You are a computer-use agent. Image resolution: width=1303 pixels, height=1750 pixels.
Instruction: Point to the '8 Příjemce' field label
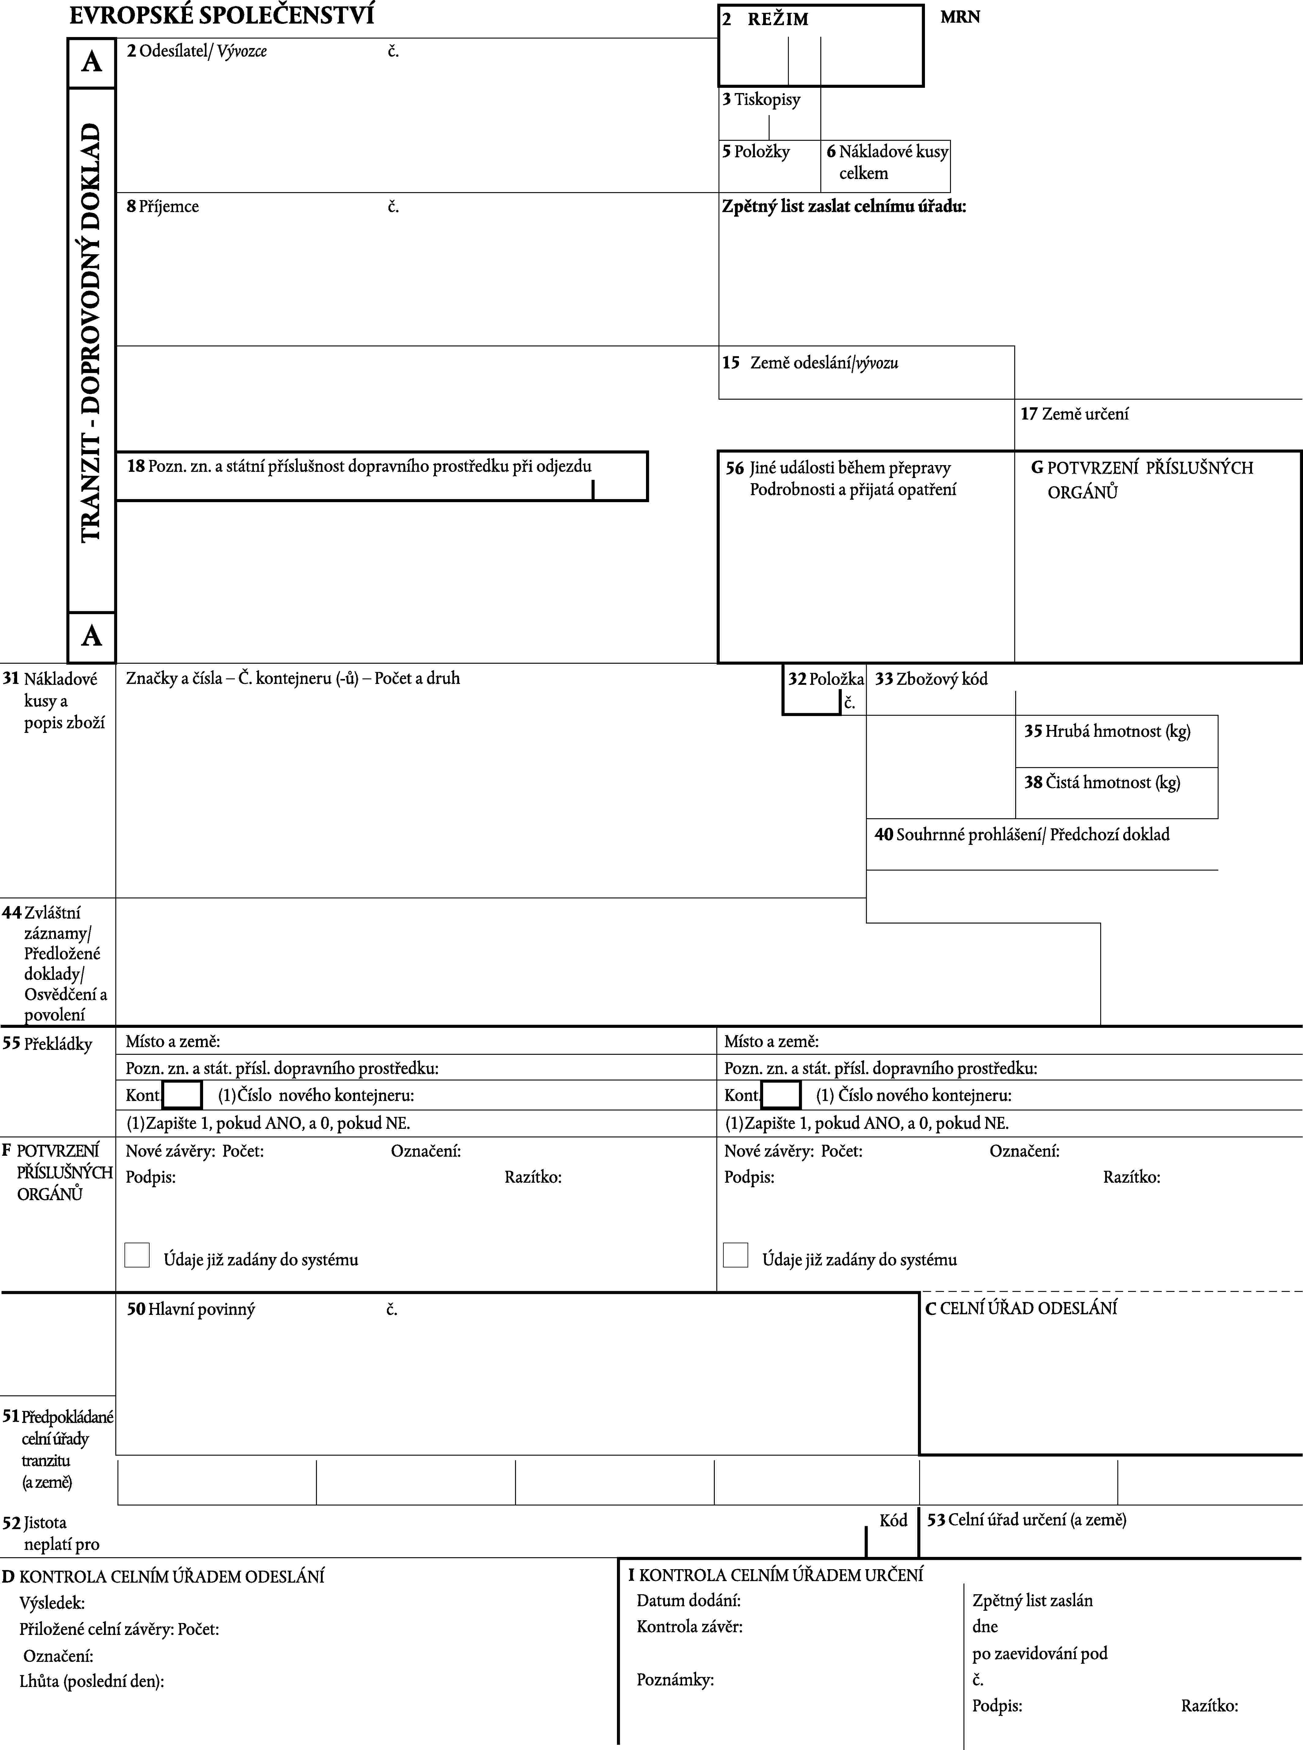(163, 207)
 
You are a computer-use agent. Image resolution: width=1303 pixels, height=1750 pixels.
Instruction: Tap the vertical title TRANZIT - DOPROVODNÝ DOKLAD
(91, 331)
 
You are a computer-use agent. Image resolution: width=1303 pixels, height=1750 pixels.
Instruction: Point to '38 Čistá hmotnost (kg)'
(1102, 783)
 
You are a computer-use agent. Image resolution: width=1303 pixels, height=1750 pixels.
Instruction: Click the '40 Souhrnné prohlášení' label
(1021, 835)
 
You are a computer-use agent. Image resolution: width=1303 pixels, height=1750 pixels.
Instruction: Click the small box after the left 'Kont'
(182, 1095)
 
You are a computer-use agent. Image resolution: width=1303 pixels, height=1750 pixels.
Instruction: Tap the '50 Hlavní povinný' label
(191, 1310)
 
